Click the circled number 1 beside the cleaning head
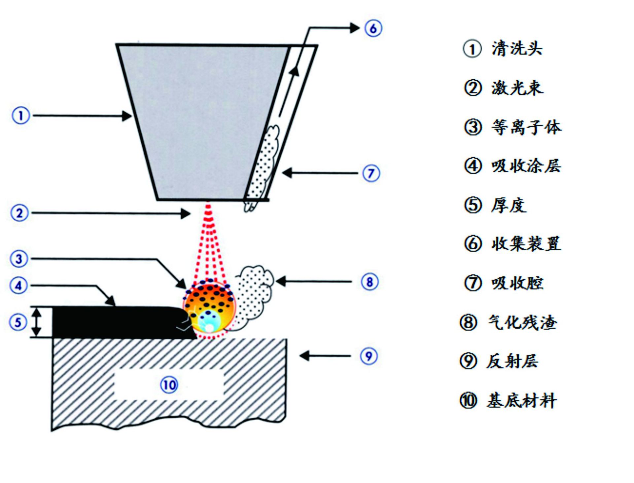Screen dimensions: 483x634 point(21,116)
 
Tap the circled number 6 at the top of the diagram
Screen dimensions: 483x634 point(373,28)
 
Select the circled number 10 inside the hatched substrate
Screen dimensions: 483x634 point(169,385)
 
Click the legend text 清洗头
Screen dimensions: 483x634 point(517,49)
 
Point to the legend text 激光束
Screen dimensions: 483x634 point(517,88)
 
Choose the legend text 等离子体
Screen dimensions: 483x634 point(526,127)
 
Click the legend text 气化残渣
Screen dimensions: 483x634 point(523,322)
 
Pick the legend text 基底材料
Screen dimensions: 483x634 point(522,401)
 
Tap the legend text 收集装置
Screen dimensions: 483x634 point(526,244)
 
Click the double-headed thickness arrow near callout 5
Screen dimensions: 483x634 point(37,322)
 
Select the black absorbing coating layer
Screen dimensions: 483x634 point(116,322)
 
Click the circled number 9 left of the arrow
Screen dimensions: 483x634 point(369,356)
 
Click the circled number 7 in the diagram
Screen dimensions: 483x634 point(371,173)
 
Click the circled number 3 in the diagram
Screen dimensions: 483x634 point(19,259)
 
